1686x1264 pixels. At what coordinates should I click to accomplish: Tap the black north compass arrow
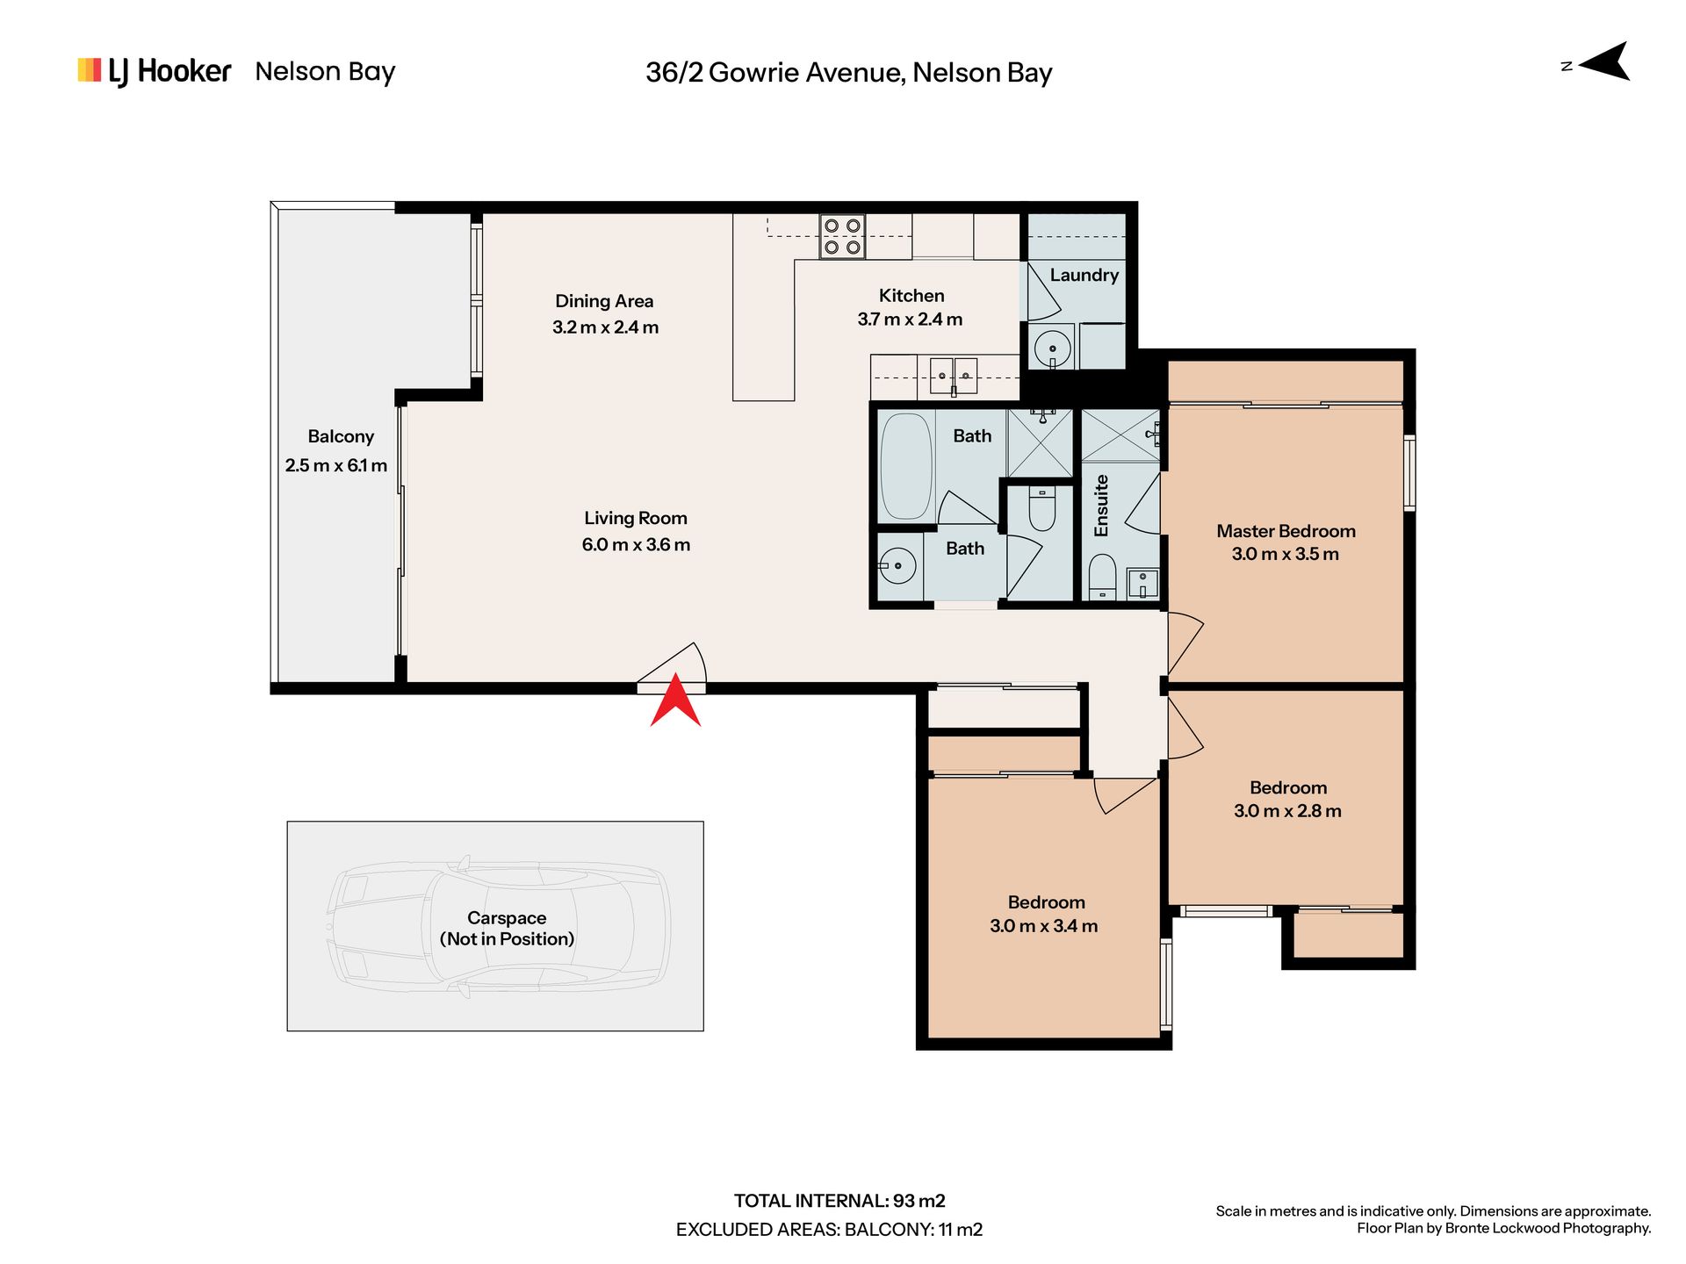(x=1606, y=62)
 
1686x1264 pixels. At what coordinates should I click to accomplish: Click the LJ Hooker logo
(x=155, y=71)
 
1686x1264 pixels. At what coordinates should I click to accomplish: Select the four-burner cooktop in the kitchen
(x=842, y=237)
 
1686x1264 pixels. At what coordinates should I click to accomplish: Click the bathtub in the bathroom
(x=906, y=466)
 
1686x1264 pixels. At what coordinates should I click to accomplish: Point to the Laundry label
(x=1084, y=276)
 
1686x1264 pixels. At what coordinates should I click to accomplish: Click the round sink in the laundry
(x=1052, y=348)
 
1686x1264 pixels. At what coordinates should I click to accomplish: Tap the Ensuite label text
(x=1101, y=506)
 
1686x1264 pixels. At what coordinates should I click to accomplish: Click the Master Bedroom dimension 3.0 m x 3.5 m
(x=1286, y=554)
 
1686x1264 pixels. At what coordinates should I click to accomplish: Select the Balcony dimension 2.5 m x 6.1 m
(x=336, y=466)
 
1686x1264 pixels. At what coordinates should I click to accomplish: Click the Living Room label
(x=636, y=519)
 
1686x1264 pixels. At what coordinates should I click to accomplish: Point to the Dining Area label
(x=604, y=301)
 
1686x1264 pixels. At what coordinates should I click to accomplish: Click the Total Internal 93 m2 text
(x=839, y=1201)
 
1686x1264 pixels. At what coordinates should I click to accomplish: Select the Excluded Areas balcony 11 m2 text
(x=829, y=1230)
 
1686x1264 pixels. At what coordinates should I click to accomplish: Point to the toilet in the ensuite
(x=1102, y=575)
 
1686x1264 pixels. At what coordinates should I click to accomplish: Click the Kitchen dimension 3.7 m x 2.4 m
(x=911, y=320)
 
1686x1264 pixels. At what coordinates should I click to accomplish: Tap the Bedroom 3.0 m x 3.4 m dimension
(x=1044, y=926)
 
